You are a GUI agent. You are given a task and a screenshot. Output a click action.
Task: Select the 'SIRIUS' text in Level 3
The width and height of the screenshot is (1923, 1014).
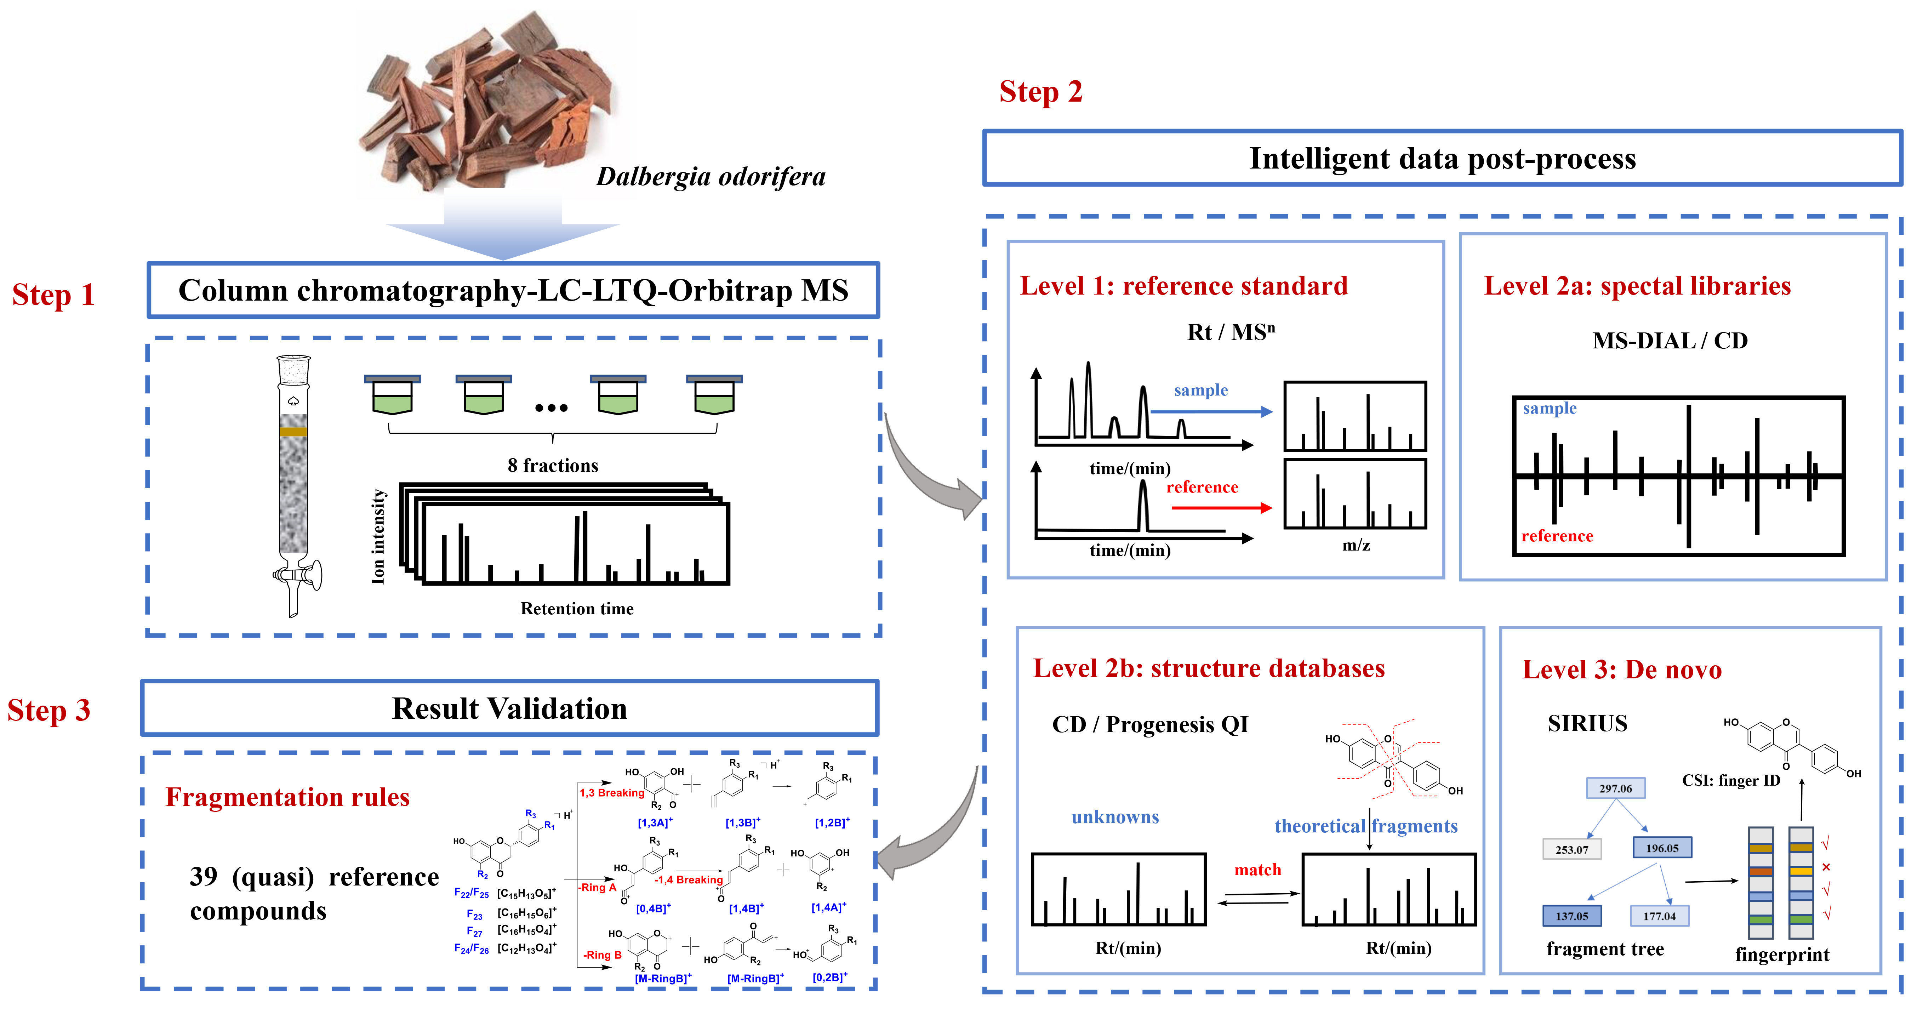1587,724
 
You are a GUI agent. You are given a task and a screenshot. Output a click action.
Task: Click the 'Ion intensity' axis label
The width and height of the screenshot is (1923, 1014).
378,536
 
